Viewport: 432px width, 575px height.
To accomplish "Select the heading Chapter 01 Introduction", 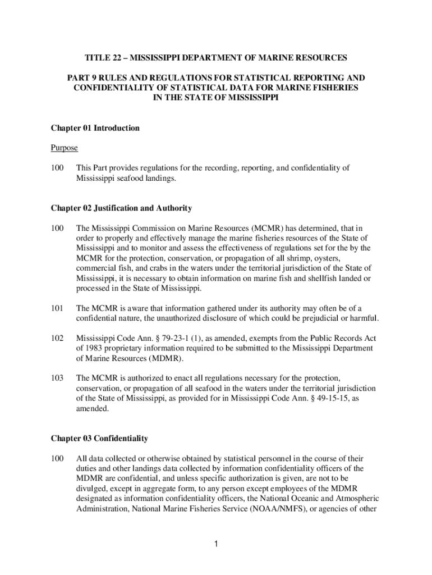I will [x=95, y=129].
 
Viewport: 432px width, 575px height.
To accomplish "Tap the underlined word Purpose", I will [x=64, y=148].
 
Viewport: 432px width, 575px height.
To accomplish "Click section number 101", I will [x=57, y=308].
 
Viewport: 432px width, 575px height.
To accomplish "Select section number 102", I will [x=57, y=339].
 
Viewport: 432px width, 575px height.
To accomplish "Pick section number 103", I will [x=57, y=378].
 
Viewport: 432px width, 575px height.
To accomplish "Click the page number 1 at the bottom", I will [x=216, y=544].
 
